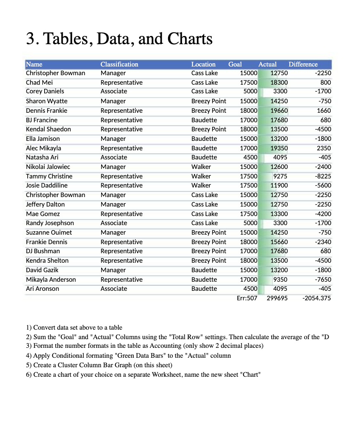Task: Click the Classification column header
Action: tap(119, 64)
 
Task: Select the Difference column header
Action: tap(303, 64)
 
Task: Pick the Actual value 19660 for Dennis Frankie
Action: tap(279, 110)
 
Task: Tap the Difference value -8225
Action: tap(322, 176)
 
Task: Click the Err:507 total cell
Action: tap(247, 298)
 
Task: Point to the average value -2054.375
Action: tap(316, 298)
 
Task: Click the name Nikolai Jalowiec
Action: tap(48, 166)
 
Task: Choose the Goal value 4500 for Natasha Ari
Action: tap(249, 157)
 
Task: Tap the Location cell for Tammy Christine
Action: tap(201, 176)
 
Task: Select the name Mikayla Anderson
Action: tap(51, 279)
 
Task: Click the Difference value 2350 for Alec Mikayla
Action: tap(324, 148)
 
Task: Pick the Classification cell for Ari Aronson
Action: tap(114, 288)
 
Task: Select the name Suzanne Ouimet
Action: tap(49, 232)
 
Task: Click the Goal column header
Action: tap(235, 64)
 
